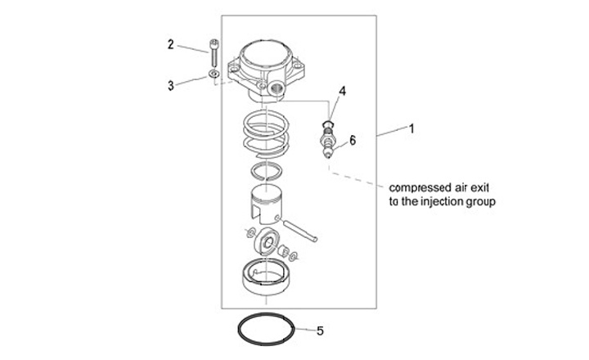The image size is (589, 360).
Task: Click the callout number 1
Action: coord(413,128)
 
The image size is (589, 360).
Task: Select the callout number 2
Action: coord(171,44)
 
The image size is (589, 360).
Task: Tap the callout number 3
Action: coord(171,84)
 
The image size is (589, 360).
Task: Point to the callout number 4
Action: coord(343,92)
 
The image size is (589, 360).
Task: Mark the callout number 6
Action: coord(353,140)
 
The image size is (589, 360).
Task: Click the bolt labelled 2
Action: coord(214,56)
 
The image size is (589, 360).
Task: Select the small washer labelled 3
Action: coord(212,76)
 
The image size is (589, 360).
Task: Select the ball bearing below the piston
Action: coord(267,241)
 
